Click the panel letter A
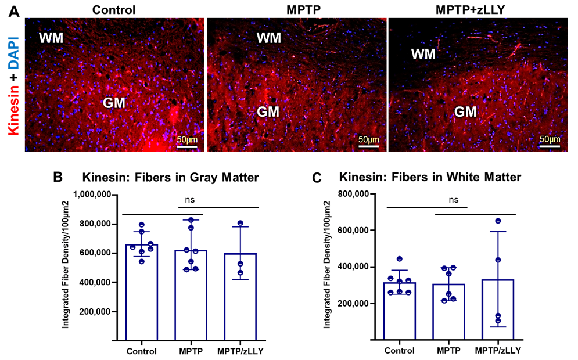[x=14, y=12]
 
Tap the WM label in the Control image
[x=52, y=38]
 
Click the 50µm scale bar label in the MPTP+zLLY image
[x=549, y=139]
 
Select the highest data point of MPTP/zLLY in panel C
[x=498, y=221]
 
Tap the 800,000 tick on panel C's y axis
[x=352, y=195]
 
